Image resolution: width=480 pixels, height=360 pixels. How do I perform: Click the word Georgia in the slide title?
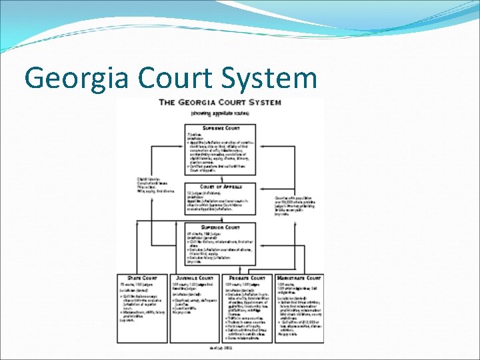[x=75, y=78]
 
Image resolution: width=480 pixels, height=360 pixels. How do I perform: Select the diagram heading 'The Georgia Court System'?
[x=219, y=103]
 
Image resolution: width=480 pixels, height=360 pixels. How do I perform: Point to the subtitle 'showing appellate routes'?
[x=219, y=113]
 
